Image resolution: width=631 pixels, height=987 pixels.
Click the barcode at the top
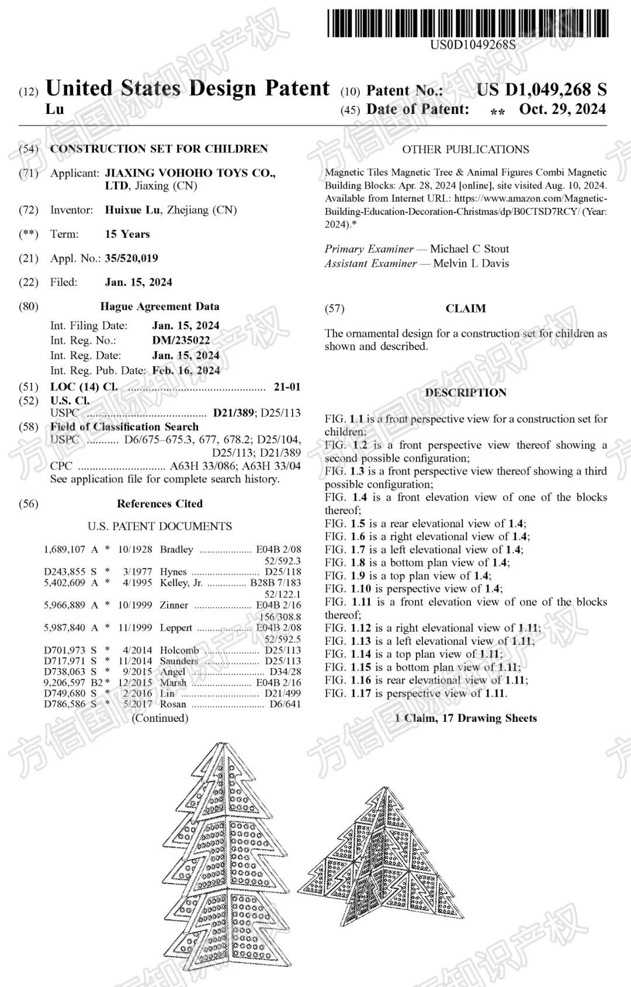tap(467, 23)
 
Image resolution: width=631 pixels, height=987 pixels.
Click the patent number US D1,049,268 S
tap(541, 89)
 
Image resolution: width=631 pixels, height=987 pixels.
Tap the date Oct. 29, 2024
tap(562, 109)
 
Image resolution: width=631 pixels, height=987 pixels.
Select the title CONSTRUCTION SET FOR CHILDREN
tap(159, 149)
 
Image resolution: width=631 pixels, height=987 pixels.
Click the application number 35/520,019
tap(131, 258)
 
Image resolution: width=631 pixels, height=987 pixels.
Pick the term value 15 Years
tap(127, 234)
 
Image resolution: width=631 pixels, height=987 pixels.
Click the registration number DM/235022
tap(181, 340)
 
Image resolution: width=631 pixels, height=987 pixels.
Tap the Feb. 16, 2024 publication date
tap(186, 370)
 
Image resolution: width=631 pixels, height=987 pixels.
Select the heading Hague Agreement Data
tap(160, 307)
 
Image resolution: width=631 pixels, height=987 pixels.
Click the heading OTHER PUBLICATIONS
tap(466, 150)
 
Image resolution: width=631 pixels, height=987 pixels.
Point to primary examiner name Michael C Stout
tap(469, 249)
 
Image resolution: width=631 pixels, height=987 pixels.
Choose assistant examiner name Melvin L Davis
tap(471, 263)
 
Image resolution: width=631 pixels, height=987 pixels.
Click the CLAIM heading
tap(466, 308)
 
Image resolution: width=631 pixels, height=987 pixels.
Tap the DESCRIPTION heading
tap(466, 392)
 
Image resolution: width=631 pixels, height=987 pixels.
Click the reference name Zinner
tap(174, 605)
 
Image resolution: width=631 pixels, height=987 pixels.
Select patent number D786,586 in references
tap(65, 704)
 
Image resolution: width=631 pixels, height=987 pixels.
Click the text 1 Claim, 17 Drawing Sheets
tap(466, 718)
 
